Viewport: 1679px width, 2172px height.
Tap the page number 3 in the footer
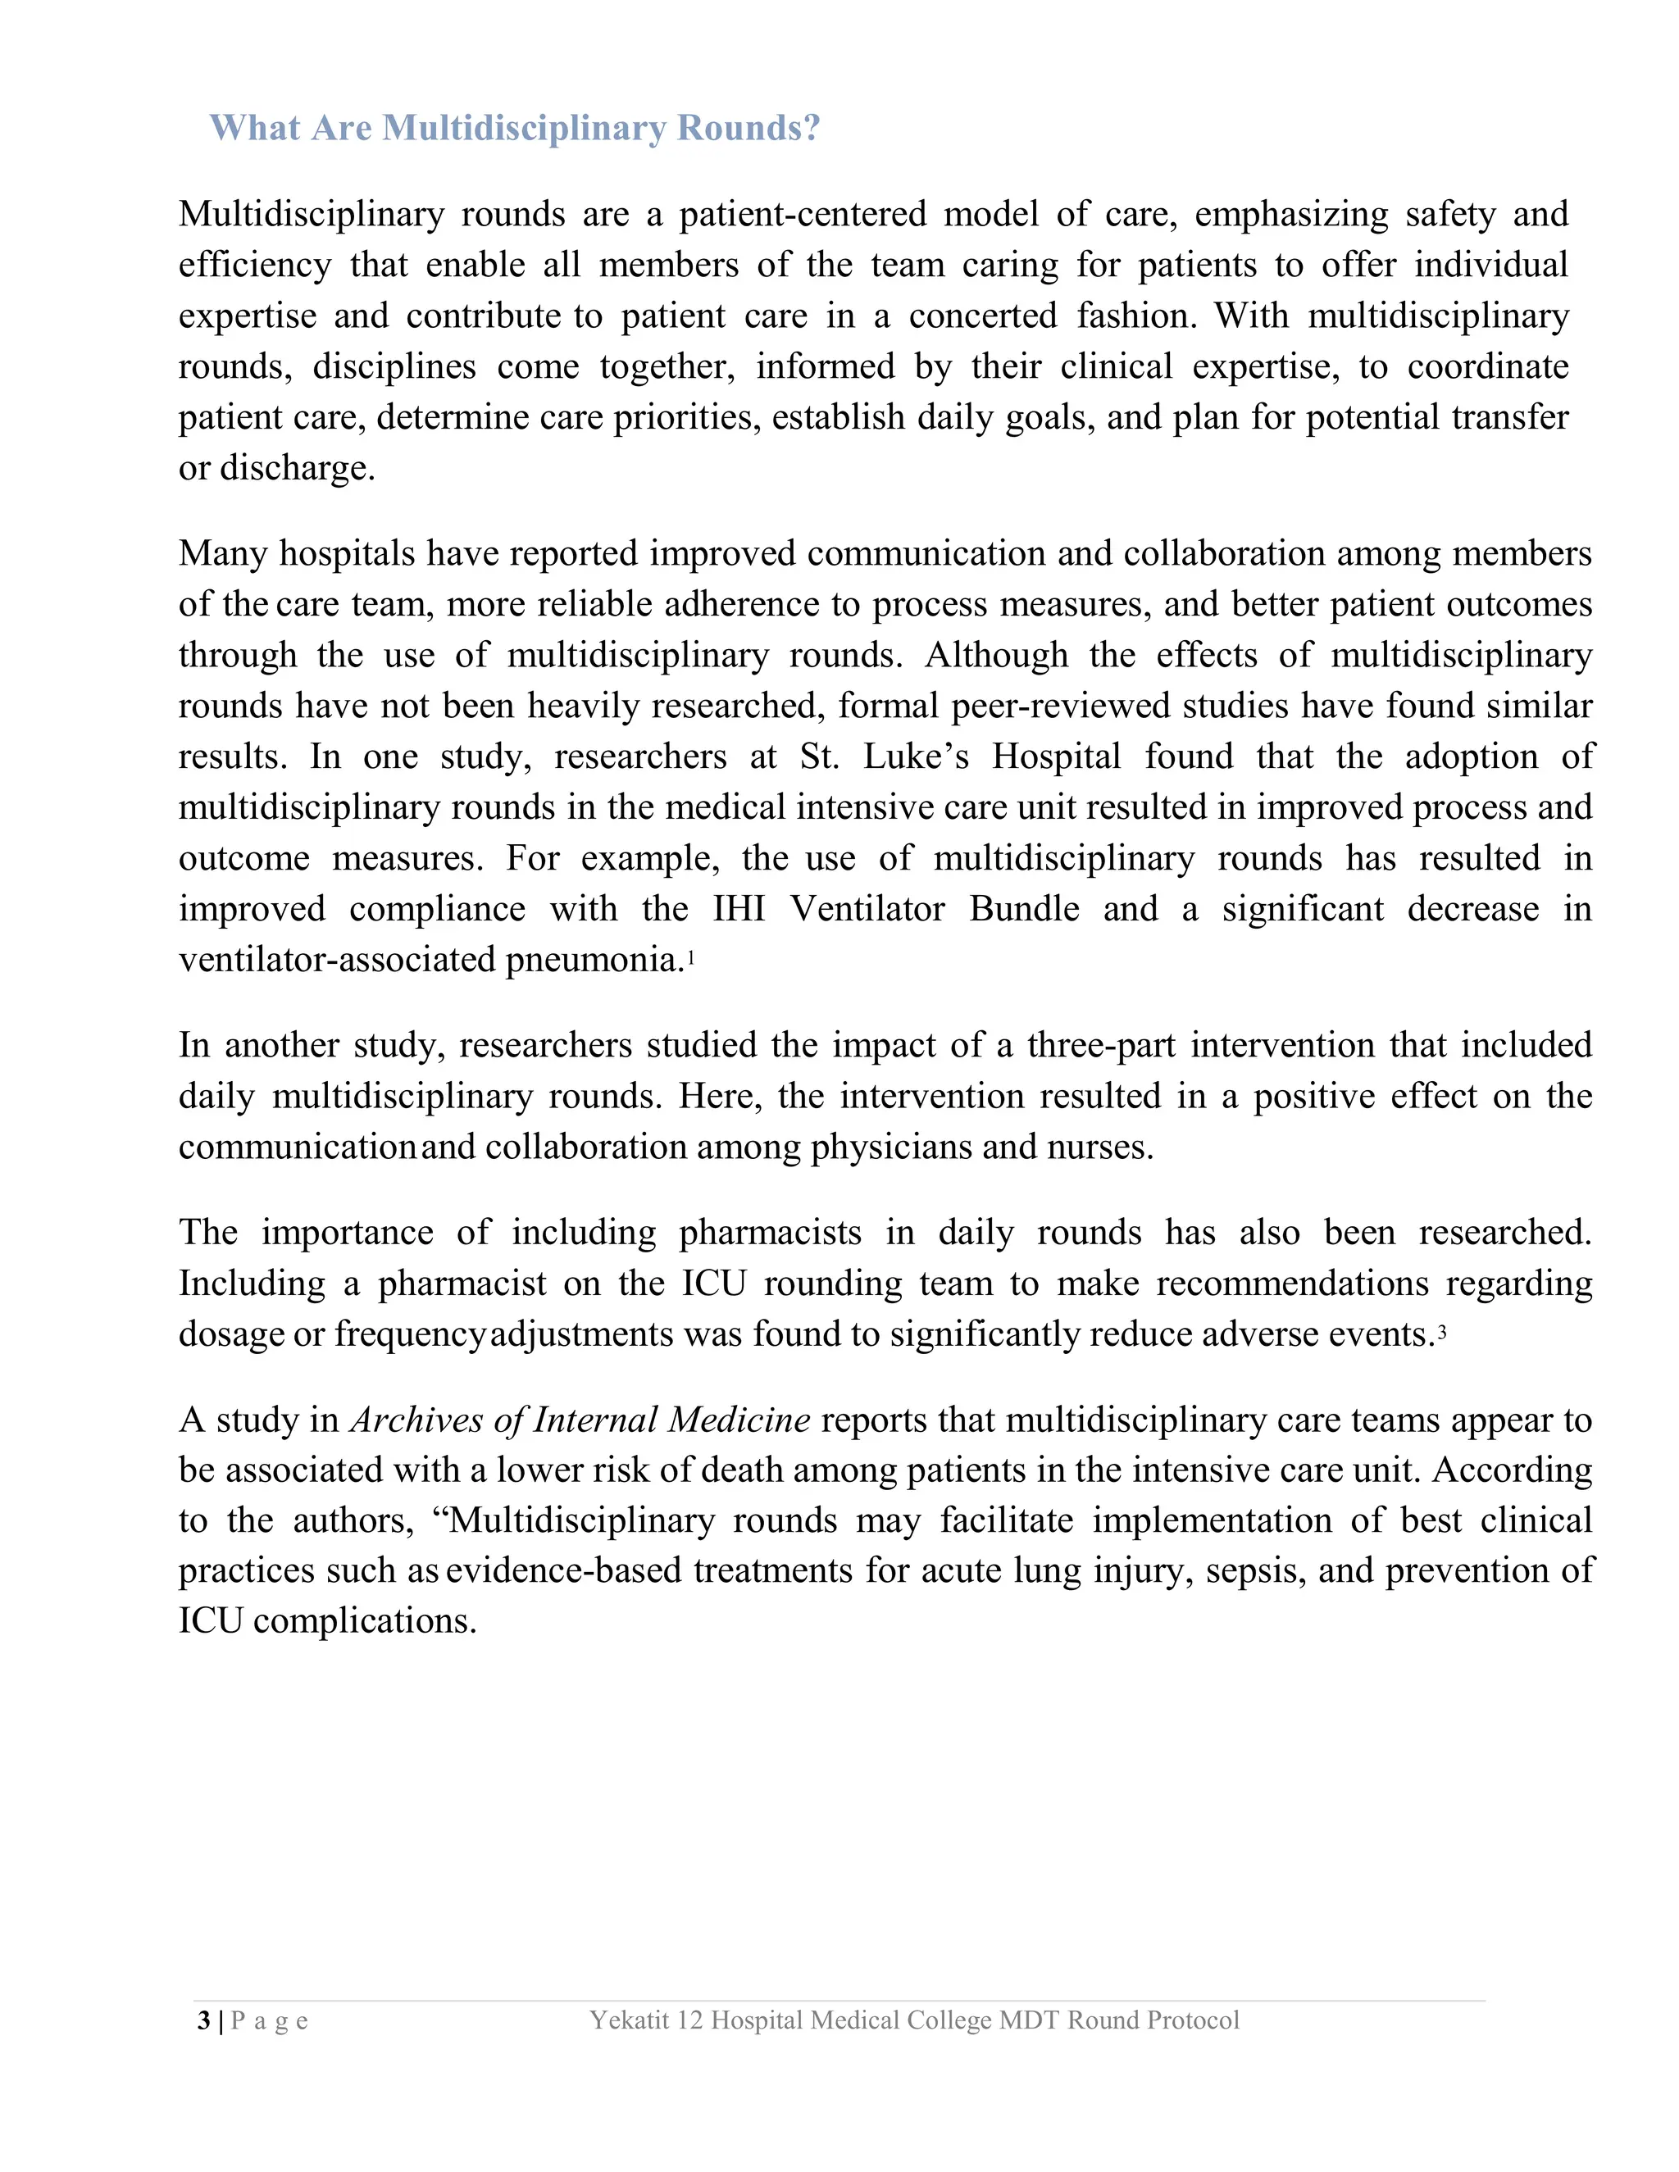pos(204,2021)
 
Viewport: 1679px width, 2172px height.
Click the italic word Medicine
pos(739,1419)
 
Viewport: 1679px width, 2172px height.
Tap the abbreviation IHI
pos(739,909)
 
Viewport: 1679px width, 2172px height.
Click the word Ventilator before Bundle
pos(867,909)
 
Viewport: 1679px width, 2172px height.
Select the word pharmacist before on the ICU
pos(462,1284)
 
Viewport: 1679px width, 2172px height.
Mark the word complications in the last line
pos(364,1622)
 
